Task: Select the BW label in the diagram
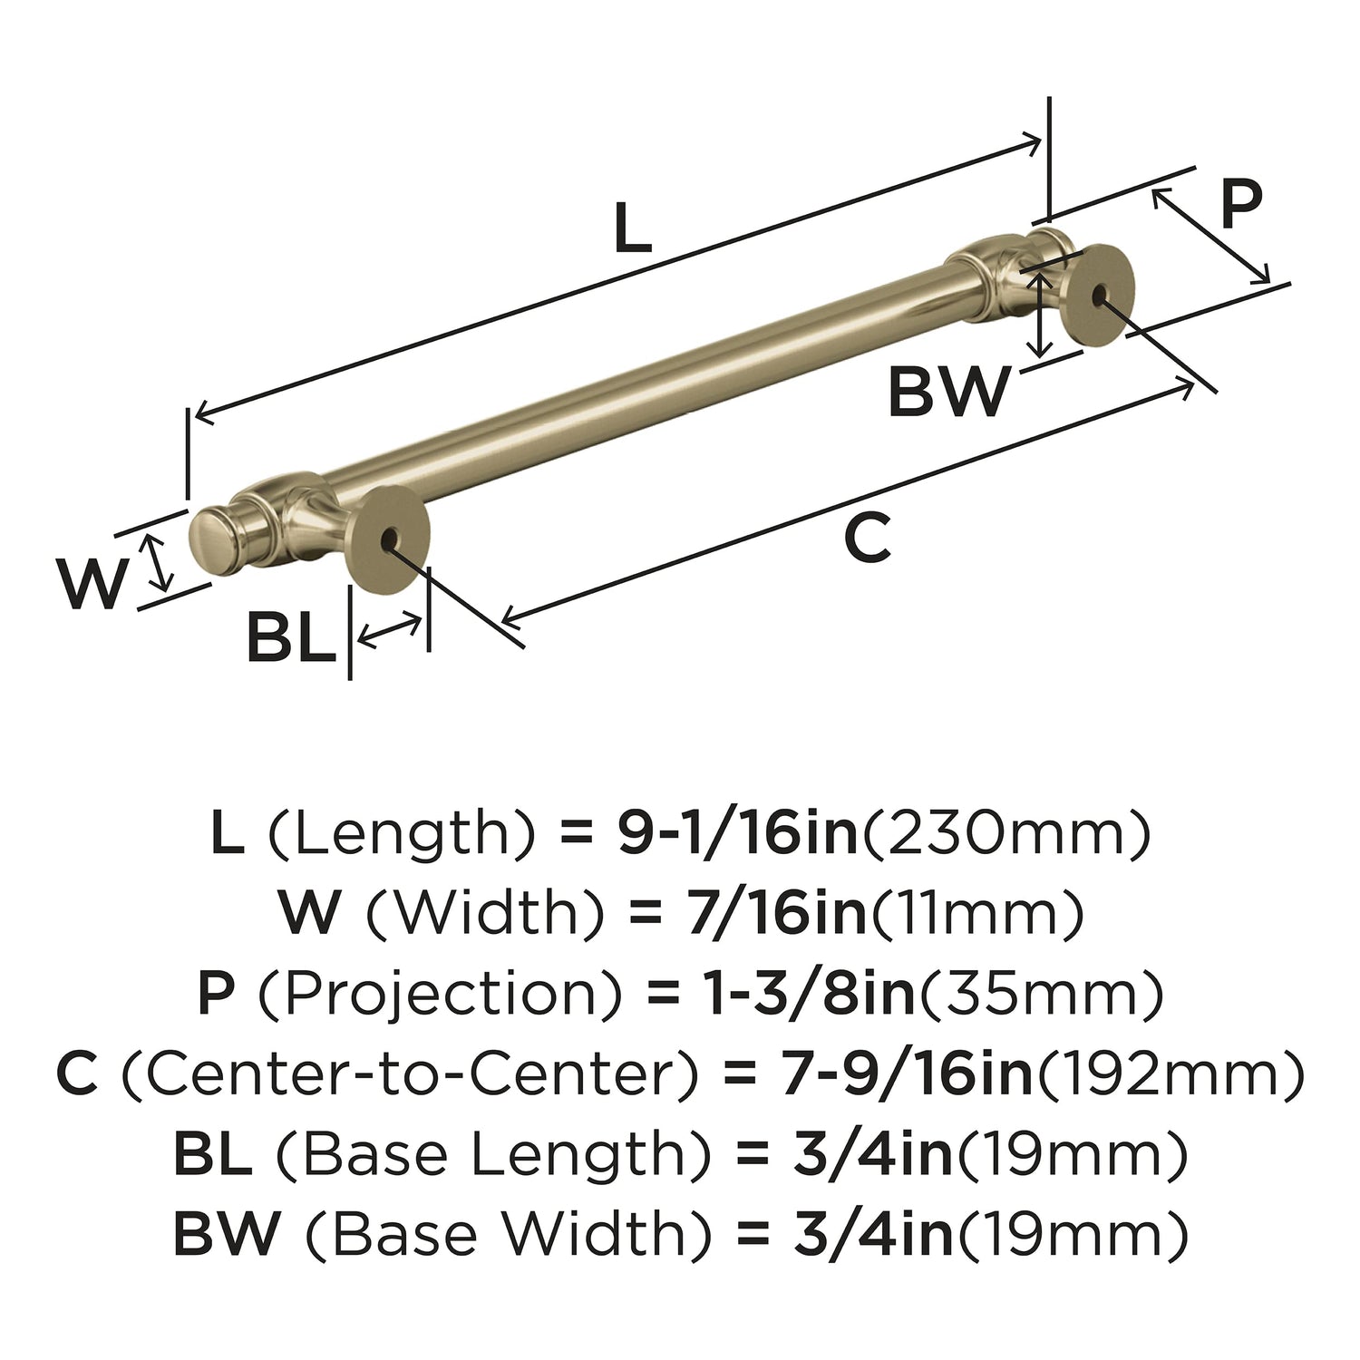pos(947,392)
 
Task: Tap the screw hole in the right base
pos(1100,294)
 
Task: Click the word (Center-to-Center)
pos(411,1075)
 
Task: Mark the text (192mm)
pos(1171,1075)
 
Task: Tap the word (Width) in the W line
pos(484,915)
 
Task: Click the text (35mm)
pos(1042,996)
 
